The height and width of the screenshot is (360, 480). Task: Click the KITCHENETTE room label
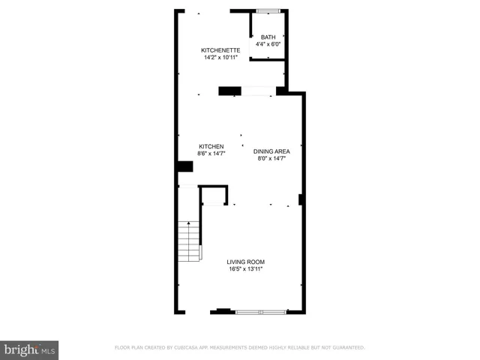pyautogui.click(x=220, y=50)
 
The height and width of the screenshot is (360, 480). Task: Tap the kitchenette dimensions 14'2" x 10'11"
pyautogui.click(x=220, y=58)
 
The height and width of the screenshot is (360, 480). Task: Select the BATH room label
pyautogui.click(x=268, y=37)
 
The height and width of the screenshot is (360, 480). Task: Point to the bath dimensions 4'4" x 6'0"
pyautogui.click(x=268, y=44)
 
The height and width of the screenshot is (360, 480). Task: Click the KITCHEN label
pyautogui.click(x=211, y=146)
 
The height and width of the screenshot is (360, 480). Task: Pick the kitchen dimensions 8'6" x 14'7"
pyautogui.click(x=211, y=153)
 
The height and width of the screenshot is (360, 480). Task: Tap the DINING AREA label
pyautogui.click(x=271, y=151)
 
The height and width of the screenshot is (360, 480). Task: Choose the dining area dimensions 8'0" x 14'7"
pyautogui.click(x=271, y=158)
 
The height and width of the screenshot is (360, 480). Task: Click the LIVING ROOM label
pyautogui.click(x=247, y=262)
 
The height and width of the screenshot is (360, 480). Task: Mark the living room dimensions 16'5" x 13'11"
pyautogui.click(x=247, y=268)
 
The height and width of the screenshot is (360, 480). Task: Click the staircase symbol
pyautogui.click(x=188, y=241)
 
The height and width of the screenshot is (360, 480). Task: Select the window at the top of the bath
pyautogui.click(x=268, y=10)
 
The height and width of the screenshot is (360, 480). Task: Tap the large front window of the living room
pyautogui.click(x=260, y=311)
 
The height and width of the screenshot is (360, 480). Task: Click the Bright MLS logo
pyautogui.click(x=29, y=350)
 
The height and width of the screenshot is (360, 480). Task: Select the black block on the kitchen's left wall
pyautogui.click(x=184, y=167)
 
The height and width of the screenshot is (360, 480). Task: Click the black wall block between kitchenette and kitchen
pyautogui.click(x=229, y=91)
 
